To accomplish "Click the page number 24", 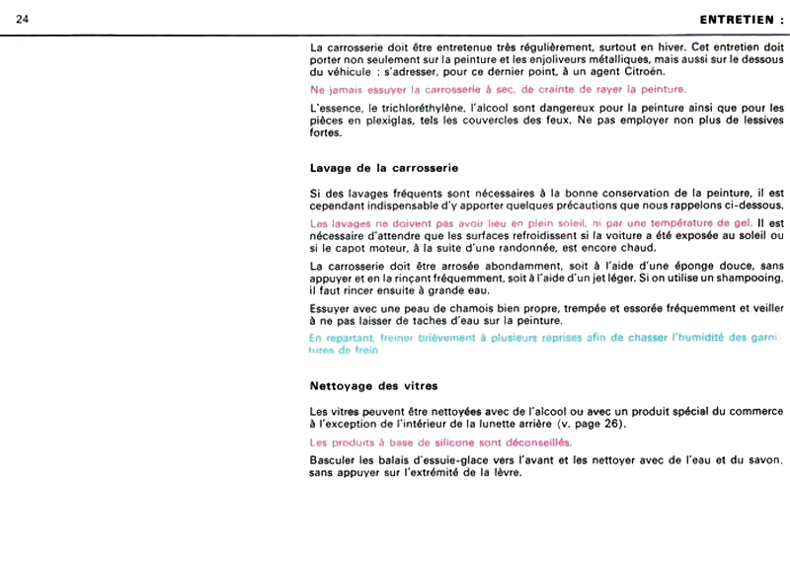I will (22, 19).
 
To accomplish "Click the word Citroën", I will (642, 72).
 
